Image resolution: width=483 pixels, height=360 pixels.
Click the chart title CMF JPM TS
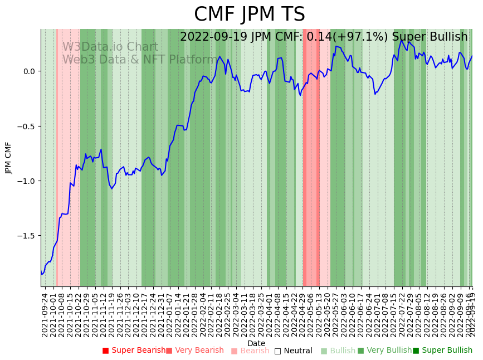click(x=249, y=14)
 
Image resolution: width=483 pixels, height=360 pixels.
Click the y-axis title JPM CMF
click(x=9, y=158)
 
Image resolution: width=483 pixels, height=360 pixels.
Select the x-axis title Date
click(x=256, y=343)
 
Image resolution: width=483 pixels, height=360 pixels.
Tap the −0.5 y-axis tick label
click(x=26, y=126)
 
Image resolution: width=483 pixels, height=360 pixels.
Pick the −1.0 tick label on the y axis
click(x=26, y=181)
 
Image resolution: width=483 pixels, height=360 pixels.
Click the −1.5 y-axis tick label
click(x=26, y=236)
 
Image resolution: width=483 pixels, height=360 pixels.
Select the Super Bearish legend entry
click(x=134, y=351)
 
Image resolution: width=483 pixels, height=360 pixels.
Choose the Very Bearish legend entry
click(x=194, y=351)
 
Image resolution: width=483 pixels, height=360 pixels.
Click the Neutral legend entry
click(x=293, y=351)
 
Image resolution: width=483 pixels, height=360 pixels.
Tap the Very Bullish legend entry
click(x=384, y=351)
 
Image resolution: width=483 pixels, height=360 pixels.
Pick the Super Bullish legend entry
click(x=442, y=351)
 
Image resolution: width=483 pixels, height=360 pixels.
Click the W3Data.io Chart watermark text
click(x=110, y=47)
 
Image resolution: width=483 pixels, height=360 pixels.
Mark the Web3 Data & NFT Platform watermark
click(x=139, y=60)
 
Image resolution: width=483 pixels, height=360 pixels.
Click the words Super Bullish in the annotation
click(x=430, y=37)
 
